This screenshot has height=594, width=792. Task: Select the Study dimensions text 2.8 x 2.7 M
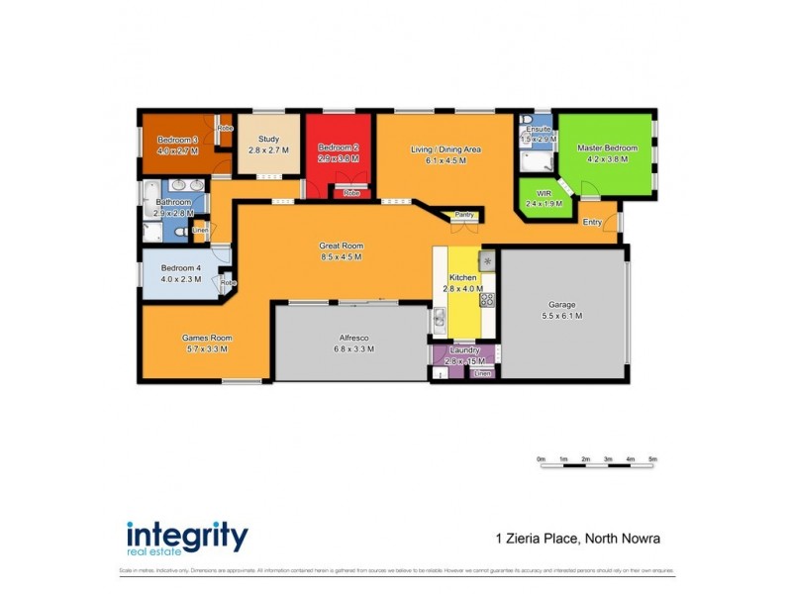[267, 152]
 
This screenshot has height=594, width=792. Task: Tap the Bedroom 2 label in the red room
[338, 147]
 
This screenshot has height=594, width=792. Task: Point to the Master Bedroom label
[607, 148]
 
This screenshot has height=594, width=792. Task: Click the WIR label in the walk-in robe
[544, 193]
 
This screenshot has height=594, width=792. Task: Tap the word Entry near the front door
[592, 222]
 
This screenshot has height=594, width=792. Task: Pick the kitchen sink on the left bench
[439, 319]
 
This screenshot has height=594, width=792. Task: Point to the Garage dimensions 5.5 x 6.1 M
[562, 316]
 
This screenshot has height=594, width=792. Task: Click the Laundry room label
[464, 349]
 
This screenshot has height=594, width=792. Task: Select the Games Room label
[208, 338]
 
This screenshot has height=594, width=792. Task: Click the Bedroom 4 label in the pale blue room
[181, 267]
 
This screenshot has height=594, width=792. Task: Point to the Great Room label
[341, 246]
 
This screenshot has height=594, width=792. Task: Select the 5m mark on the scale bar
[652, 460]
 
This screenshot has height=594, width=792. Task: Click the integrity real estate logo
[187, 538]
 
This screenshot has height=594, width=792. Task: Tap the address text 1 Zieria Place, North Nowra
[577, 540]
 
